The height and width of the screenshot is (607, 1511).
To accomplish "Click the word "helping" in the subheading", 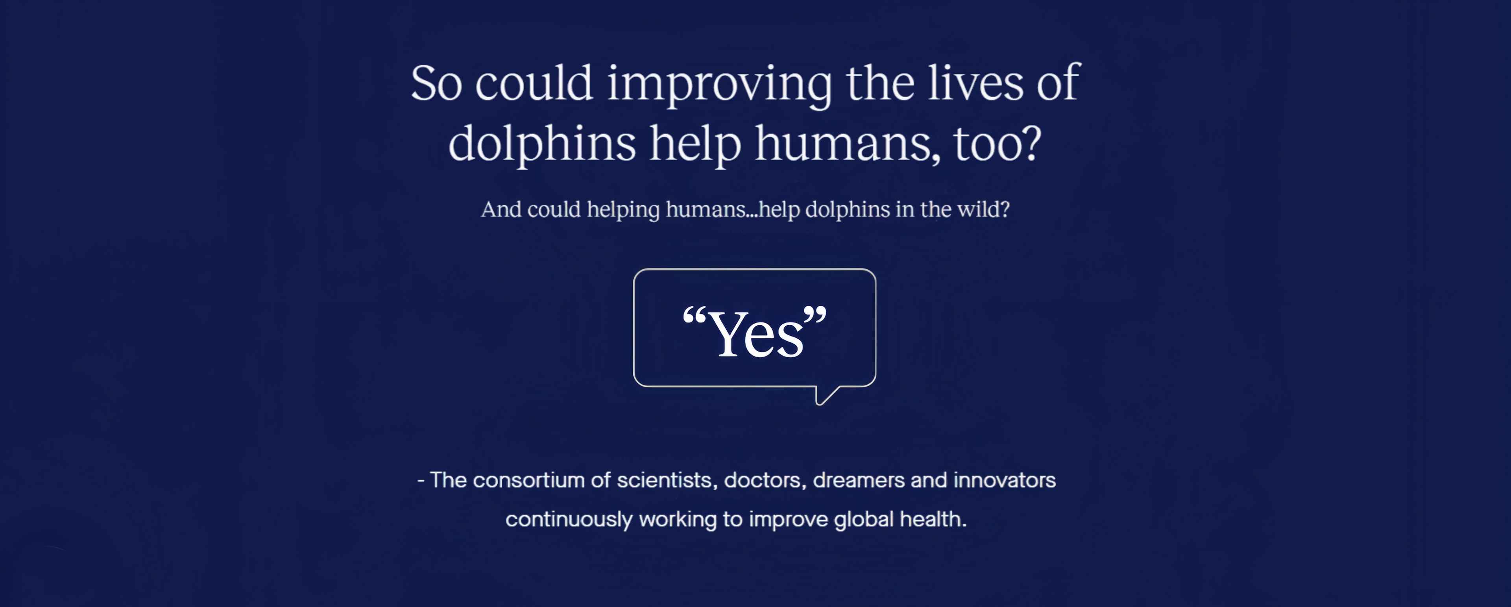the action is tap(623, 210).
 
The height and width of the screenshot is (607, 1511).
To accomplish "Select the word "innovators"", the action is tap(1004, 480).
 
